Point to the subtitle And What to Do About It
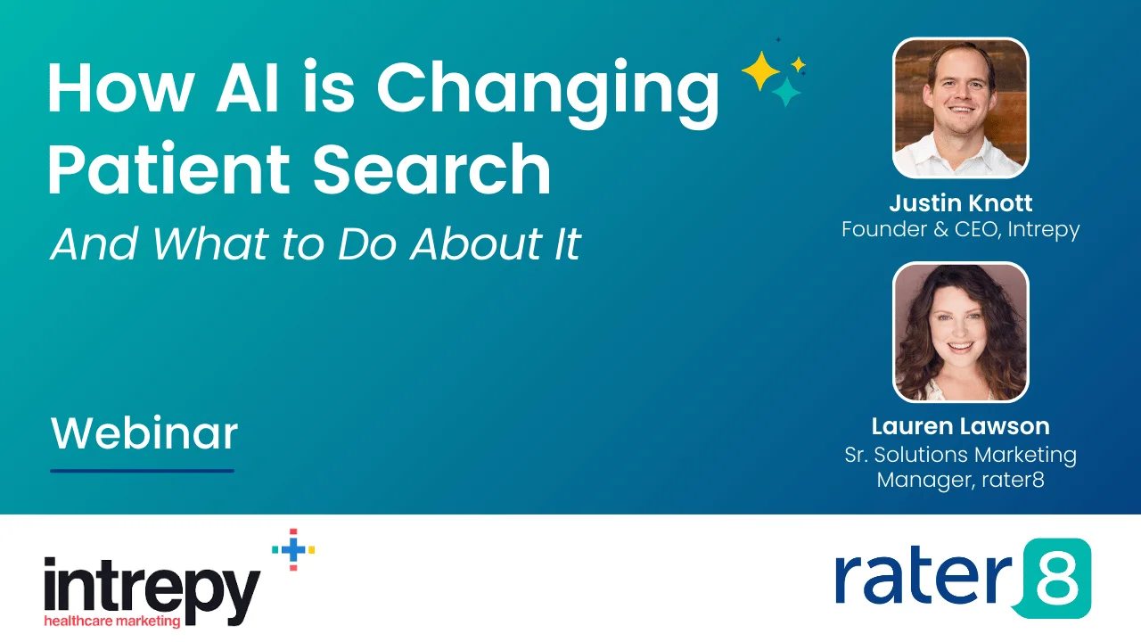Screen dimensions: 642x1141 [316, 243]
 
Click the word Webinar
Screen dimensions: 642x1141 [144, 433]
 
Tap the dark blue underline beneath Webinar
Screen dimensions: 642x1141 [142, 470]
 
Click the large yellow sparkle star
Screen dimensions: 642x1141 [760, 71]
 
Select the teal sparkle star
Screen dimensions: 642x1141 [786, 91]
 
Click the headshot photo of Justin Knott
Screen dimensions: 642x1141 [960, 107]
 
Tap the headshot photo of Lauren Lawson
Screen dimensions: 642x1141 [960, 332]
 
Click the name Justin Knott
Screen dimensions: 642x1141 [960, 203]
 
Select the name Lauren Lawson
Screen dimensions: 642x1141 [960, 426]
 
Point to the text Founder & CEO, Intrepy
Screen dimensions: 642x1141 [960, 229]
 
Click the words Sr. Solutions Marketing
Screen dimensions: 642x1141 [960, 455]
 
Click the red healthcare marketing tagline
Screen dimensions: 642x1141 [112, 621]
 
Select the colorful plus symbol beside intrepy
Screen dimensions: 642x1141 [293, 549]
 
